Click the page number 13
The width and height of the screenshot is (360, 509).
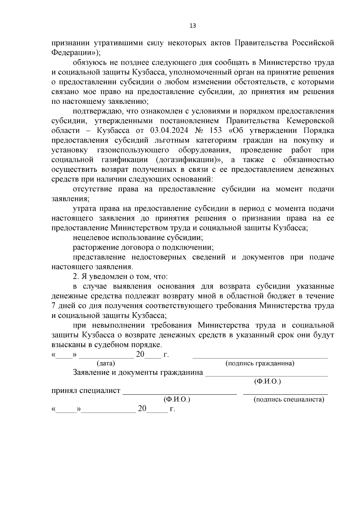[193, 26]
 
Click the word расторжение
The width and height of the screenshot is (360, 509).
[95, 248]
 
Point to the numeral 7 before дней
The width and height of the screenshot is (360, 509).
[54, 306]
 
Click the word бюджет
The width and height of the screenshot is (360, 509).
[280, 296]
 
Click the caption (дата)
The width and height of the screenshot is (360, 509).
[106, 364]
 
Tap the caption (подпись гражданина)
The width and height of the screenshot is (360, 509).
[260, 364]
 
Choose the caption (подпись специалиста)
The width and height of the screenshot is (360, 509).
[289, 400]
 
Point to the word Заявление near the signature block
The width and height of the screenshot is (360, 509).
[91, 373]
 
